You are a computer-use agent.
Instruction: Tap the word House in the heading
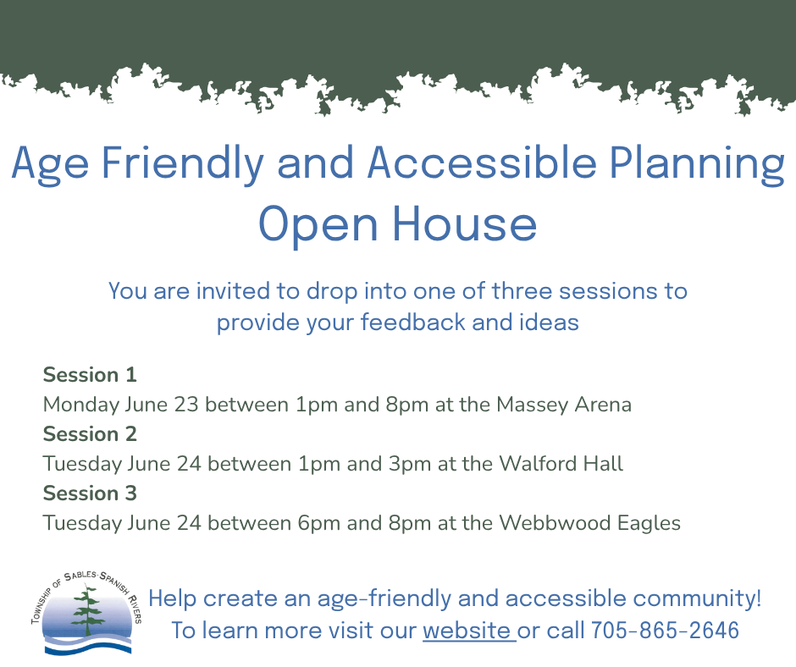[x=465, y=223]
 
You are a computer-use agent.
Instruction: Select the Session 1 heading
[x=90, y=375]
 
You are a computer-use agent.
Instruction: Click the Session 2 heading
[x=90, y=434]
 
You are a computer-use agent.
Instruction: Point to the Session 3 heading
[x=90, y=493]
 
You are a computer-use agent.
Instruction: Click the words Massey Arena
[x=564, y=405]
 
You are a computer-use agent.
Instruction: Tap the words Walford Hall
[x=561, y=464]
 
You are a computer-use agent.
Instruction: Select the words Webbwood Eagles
[x=590, y=523]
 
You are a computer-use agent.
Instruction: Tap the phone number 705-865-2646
[x=665, y=631]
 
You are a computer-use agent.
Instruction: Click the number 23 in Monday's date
[x=186, y=405]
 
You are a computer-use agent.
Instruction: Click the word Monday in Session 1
[x=81, y=405]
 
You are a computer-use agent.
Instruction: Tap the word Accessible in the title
[x=483, y=163]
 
